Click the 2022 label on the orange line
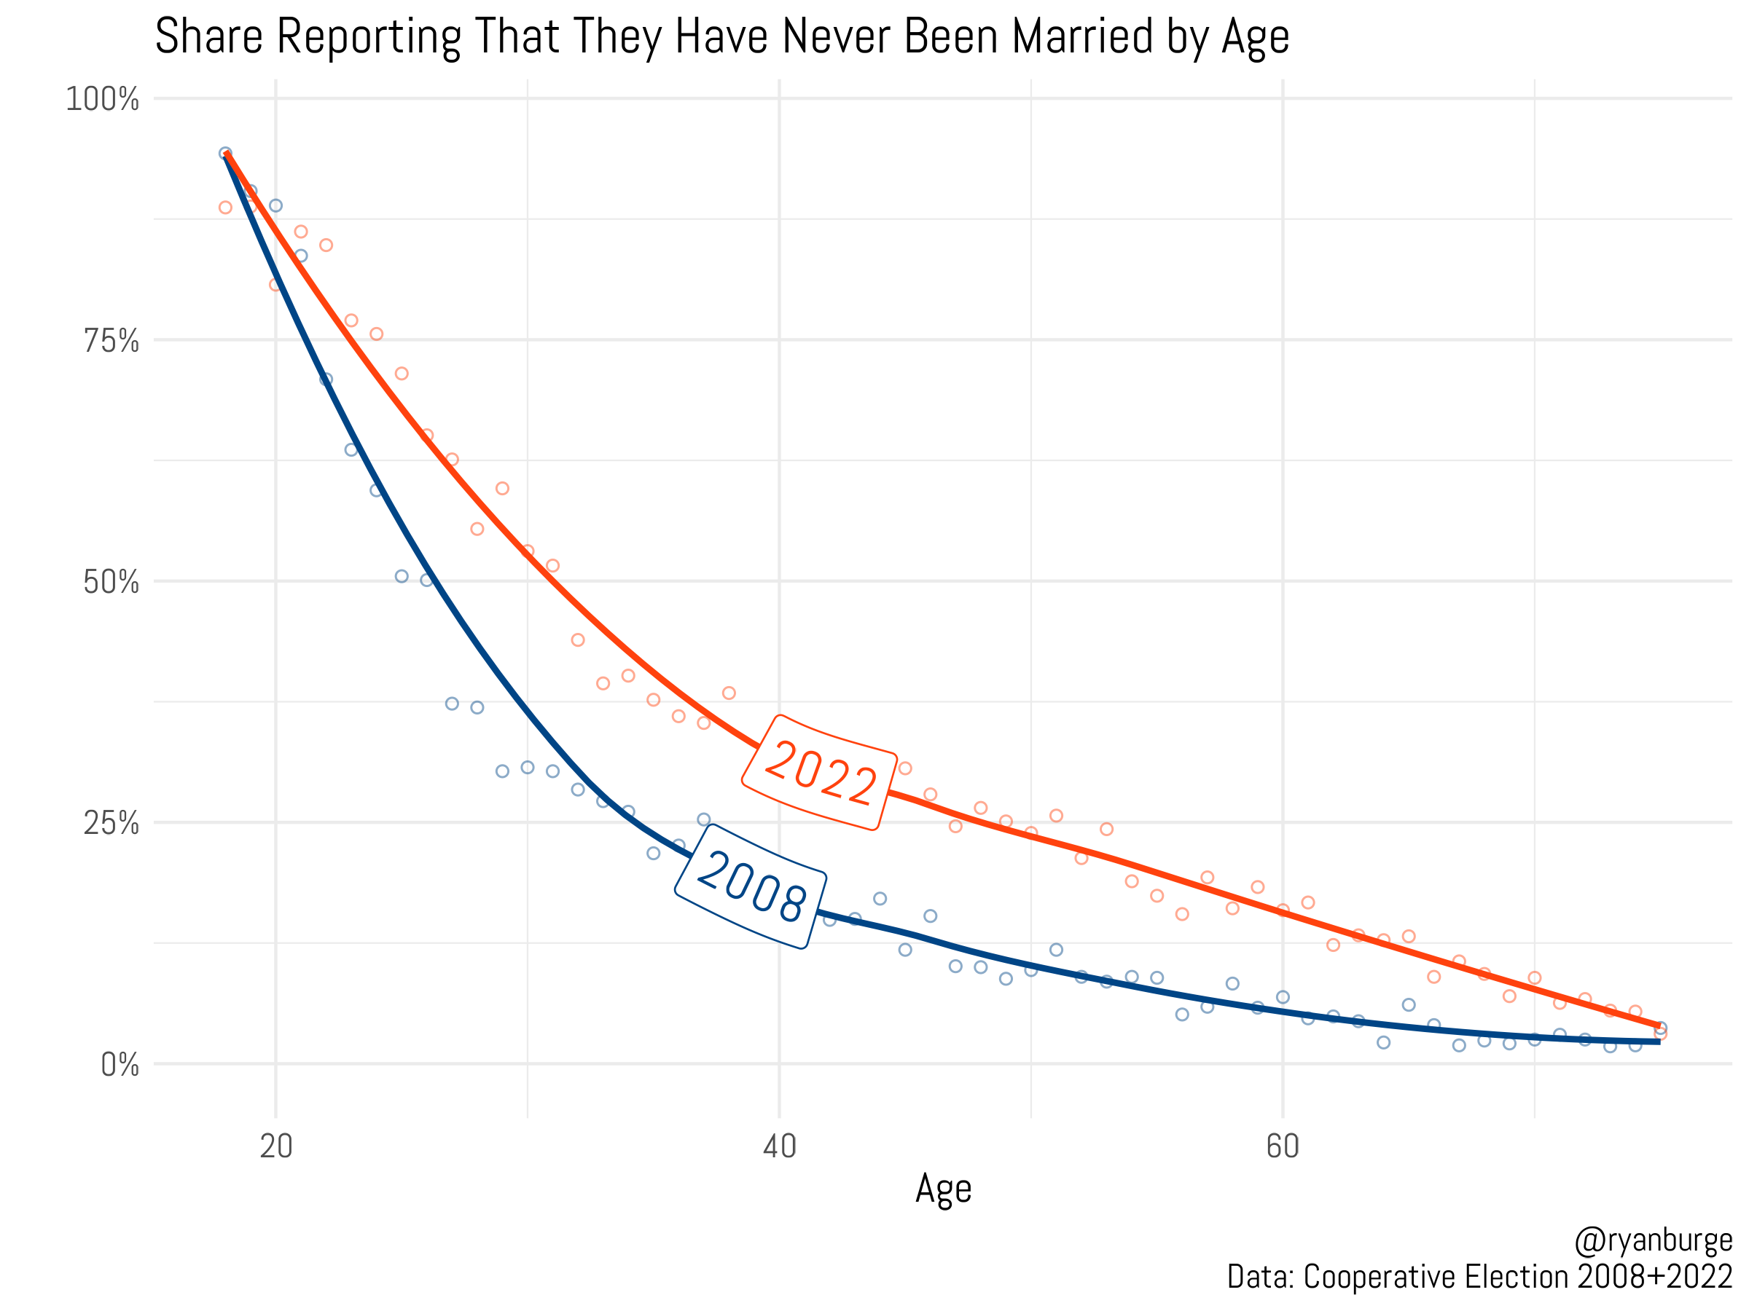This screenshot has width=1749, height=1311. [820, 773]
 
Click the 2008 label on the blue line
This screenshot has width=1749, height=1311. [752, 886]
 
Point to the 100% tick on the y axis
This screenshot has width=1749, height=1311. [102, 100]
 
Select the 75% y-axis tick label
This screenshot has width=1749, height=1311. [111, 341]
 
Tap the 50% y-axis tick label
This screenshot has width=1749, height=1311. [111, 583]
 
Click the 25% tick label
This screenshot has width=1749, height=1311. [111, 824]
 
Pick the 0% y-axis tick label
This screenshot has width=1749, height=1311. [120, 1066]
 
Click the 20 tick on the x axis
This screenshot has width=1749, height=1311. [276, 1146]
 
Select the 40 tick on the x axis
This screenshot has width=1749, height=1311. [780, 1146]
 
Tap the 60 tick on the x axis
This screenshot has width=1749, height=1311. [1283, 1146]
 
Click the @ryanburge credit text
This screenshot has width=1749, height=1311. [1653, 1242]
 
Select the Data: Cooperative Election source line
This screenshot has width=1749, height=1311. [1479, 1277]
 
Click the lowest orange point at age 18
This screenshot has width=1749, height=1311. [225, 208]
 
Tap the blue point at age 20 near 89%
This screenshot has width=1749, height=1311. [276, 205]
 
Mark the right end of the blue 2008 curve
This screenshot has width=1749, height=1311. [1658, 1042]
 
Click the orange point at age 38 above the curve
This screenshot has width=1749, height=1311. [729, 693]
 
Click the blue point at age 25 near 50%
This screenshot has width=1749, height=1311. [402, 577]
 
